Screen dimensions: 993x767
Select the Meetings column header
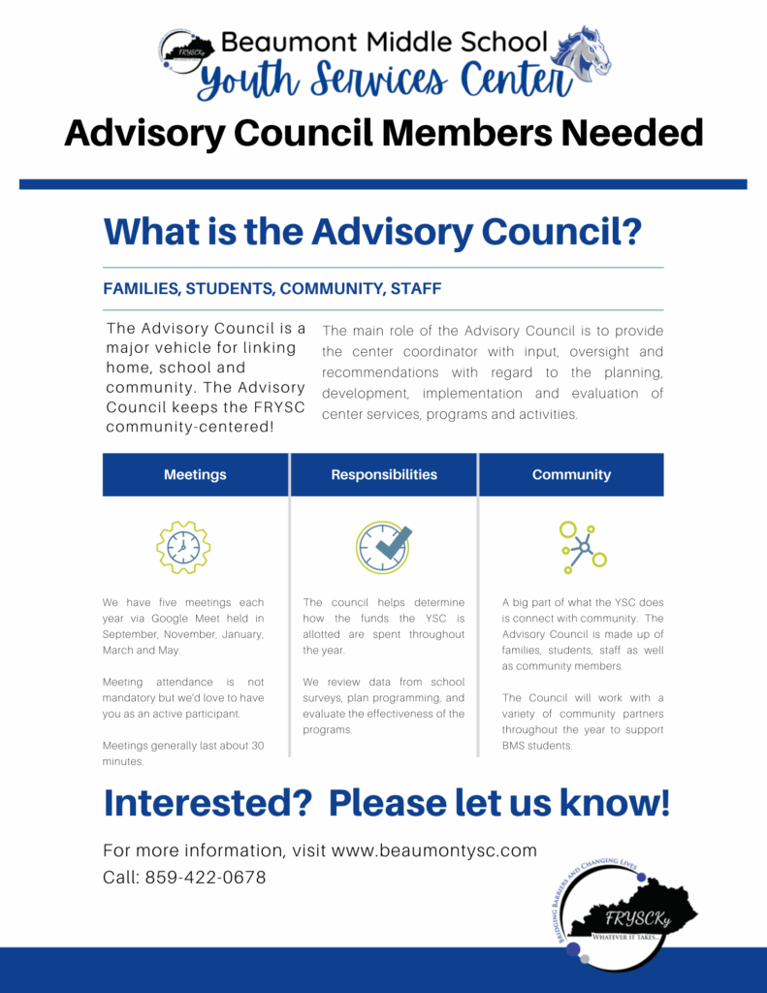point(195,475)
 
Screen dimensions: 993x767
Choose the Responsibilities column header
point(384,475)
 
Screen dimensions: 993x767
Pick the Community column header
point(571,475)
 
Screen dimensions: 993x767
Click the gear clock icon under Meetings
point(183,548)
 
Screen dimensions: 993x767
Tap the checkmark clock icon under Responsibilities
point(383,548)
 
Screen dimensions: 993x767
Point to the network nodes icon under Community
point(583,547)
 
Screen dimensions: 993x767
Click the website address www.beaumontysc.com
point(434,850)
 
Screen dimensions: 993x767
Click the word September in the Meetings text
point(132,634)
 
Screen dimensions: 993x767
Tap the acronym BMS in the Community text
point(518,746)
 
